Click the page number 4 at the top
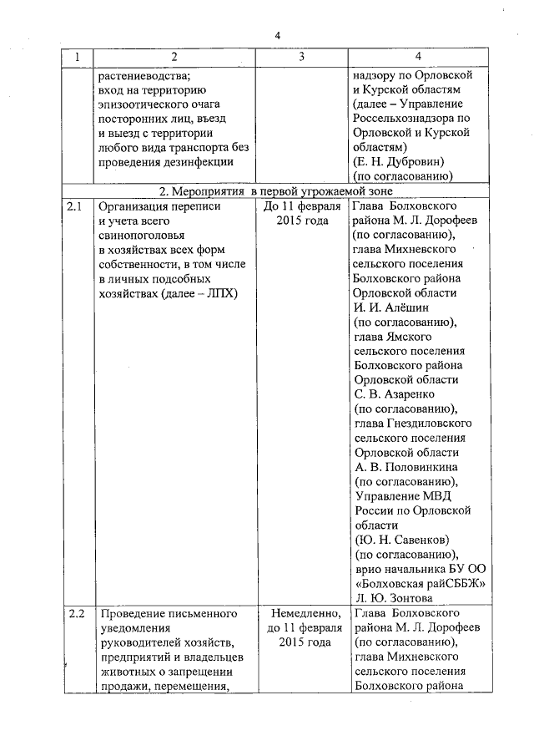coord(278,34)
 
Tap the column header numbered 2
coord(174,56)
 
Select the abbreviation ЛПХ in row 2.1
coord(221,293)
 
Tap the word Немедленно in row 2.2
coord(301,614)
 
